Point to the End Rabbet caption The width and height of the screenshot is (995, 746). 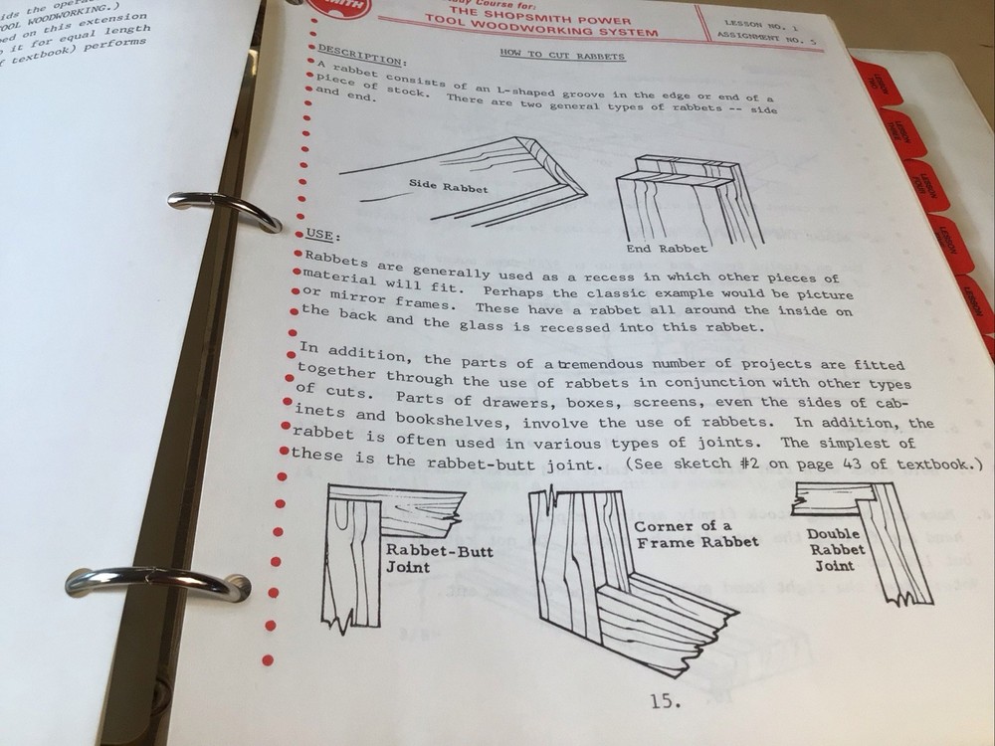(668, 248)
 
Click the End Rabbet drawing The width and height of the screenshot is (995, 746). (687, 199)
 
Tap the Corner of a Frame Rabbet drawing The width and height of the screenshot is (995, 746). (617, 587)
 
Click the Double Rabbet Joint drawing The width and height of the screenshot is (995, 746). (876, 537)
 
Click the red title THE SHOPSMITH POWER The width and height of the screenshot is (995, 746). (538, 17)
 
